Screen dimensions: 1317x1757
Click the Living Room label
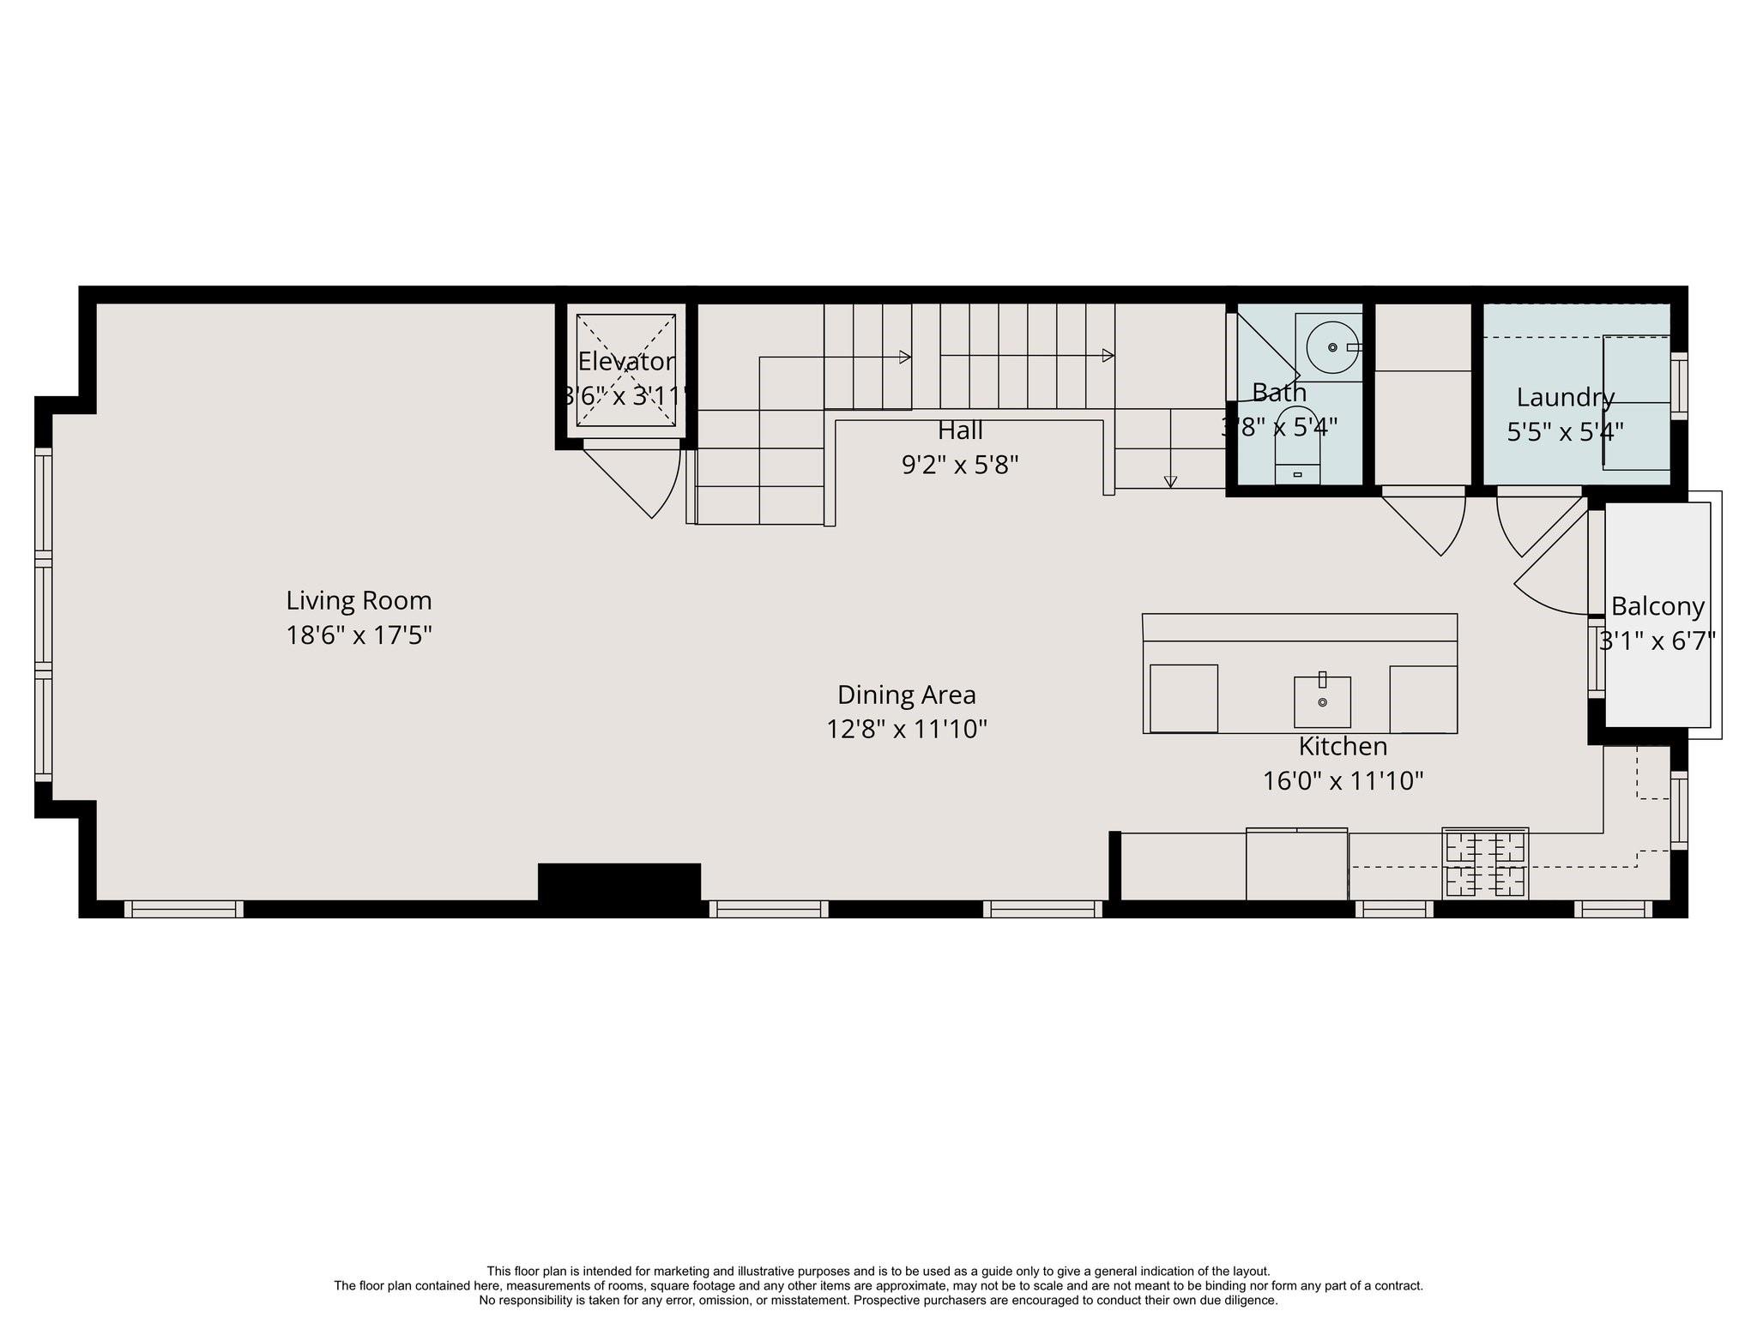[x=359, y=600]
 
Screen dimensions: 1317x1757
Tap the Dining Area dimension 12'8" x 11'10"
[x=907, y=730]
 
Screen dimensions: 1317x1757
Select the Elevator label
[x=626, y=362]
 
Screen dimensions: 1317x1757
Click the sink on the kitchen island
[x=1322, y=701]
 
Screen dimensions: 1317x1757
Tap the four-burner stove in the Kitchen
[x=1484, y=863]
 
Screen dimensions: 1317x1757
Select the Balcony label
[x=1657, y=606]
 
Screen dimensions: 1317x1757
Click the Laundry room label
[x=1566, y=398]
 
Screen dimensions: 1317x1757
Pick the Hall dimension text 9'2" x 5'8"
[x=960, y=465]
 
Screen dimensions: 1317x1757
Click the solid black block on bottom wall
[x=619, y=881]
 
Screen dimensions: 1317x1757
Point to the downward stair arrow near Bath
[x=1170, y=481]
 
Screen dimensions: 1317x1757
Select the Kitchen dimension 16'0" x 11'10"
[x=1343, y=781]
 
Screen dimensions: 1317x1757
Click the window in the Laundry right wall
[x=1679, y=386]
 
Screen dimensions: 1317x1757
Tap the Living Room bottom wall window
[x=184, y=909]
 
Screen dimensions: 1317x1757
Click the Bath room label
[x=1279, y=393]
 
